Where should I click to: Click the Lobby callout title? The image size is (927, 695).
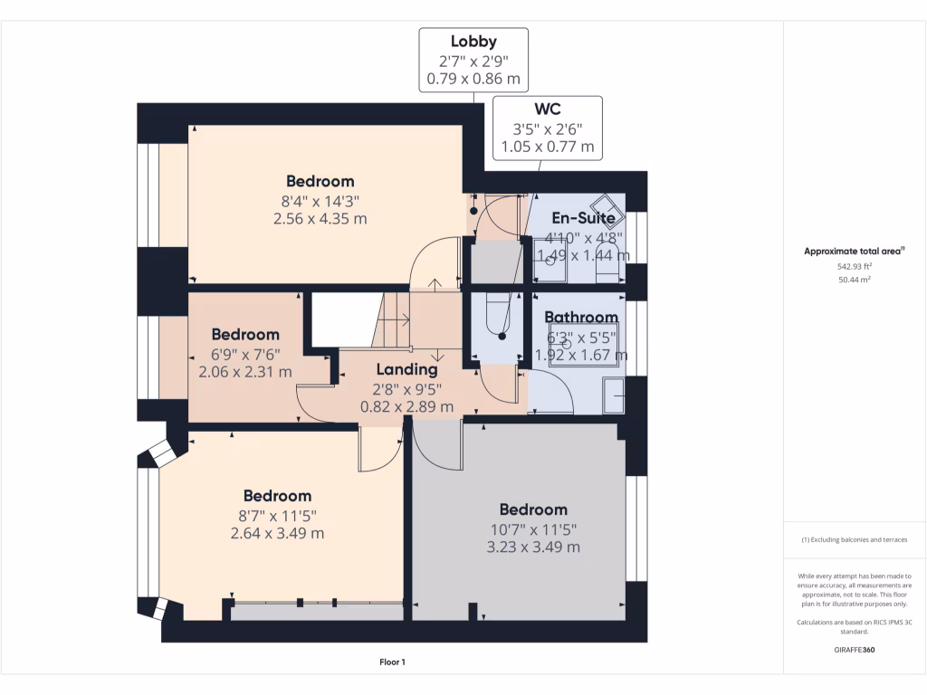pyautogui.click(x=473, y=42)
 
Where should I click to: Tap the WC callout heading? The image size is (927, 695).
pyautogui.click(x=548, y=109)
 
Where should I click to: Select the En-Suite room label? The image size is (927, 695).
pyautogui.click(x=584, y=218)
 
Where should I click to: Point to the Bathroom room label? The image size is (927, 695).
pyautogui.click(x=581, y=318)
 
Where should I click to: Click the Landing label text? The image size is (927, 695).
pyautogui.click(x=406, y=370)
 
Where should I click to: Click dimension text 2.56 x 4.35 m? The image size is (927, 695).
pyautogui.click(x=320, y=219)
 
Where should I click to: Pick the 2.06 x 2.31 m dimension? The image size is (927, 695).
pyautogui.click(x=245, y=372)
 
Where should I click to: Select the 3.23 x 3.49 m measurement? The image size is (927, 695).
pyautogui.click(x=533, y=547)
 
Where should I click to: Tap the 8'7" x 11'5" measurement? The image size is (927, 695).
pyautogui.click(x=277, y=516)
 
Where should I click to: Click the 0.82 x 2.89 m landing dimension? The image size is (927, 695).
pyautogui.click(x=406, y=406)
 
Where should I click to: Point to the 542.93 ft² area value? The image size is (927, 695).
pyautogui.click(x=855, y=267)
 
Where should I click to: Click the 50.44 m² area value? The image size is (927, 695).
pyautogui.click(x=855, y=280)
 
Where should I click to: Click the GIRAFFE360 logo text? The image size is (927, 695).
pyautogui.click(x=855, y=650)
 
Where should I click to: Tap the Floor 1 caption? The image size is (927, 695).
pyautogui.click(x=393, y=662)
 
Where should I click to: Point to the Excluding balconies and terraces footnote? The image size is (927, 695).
pyautogui.click(x=855, y=539)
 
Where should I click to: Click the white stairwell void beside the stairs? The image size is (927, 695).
pyautogui.click(x=341, y=319)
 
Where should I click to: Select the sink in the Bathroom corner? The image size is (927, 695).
pyautogui.click(x=614, y=395)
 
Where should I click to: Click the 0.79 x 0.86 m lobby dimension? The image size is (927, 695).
pyautogui.click(x=473, y=79)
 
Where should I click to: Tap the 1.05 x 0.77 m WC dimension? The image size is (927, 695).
pyautogui.click(x=548, y=147)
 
